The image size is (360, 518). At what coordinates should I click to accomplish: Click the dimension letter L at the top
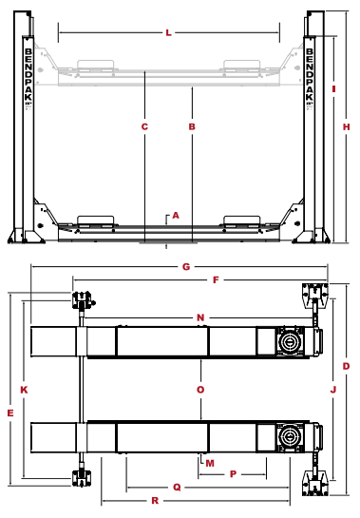(x=168, y=32)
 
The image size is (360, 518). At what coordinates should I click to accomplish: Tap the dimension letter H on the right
(x=346, y=126)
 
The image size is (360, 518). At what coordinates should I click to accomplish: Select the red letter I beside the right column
(x=334, y=88)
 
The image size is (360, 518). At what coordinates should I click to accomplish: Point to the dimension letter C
(x=144, y=126)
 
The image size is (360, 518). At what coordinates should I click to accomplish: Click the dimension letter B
(x=192, y=126)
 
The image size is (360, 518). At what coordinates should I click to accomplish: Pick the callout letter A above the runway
(x=176, y=216)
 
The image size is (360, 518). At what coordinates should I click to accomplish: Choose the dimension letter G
(x=186, y=266)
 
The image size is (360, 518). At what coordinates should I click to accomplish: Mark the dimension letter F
(x=216, y=280)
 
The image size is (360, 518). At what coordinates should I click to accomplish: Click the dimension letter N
(x=200, y=317)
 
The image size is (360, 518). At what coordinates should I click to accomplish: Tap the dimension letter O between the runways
(x=200, y=390)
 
